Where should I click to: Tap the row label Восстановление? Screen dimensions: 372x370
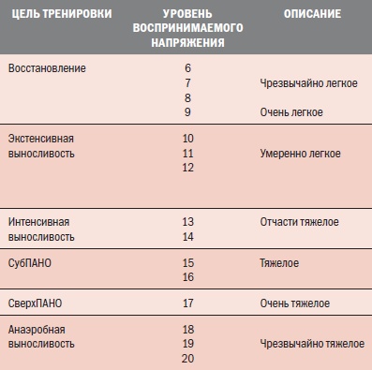[x=47, y=69]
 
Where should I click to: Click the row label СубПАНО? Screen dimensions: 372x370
[x=31, y=263]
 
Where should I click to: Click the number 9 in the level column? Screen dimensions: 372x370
[x=187, y=112]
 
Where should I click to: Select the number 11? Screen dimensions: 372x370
[x=187, y=153]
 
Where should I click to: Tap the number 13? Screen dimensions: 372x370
[x=187, y=222]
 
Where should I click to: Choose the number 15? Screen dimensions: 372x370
[x=187, y=263]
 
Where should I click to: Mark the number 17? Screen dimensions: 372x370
[x=187, y=303]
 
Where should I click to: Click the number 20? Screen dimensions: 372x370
[x=187, y=359]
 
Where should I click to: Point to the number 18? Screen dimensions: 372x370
[x=187, y=330]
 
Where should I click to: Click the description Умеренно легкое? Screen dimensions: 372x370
[x=300, y=153]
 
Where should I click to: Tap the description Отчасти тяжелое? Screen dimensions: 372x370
[x=299, y=222]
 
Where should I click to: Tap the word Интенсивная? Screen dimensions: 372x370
[x=38, y=222]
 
